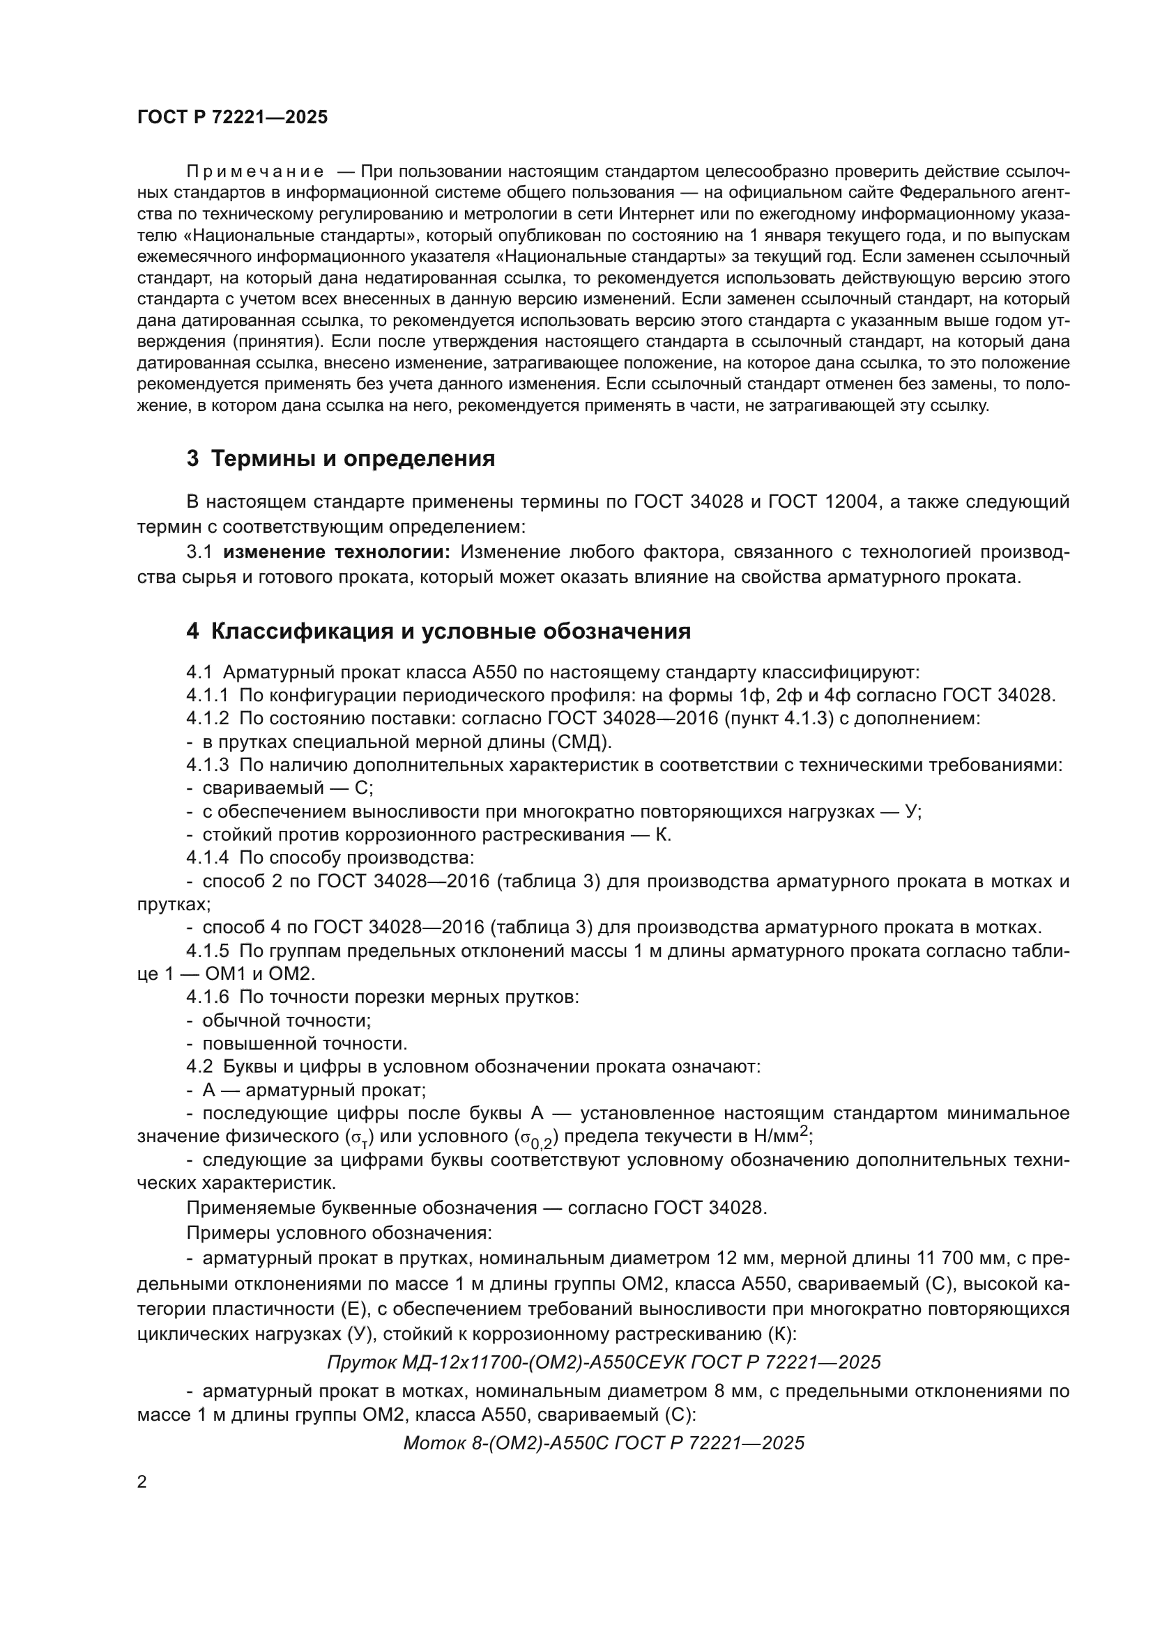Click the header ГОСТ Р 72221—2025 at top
tap(232, 118)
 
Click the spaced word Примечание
tap(255, 172)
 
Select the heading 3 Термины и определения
tap(341, 459)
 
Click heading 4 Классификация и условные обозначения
tap(438, 631)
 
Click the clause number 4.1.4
tap(208, 858)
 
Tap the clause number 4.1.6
tap(208, 997)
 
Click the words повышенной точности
tap(305, 1044)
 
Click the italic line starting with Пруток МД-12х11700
tap(604, 1362)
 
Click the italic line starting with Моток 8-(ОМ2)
tap(604, 1443)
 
